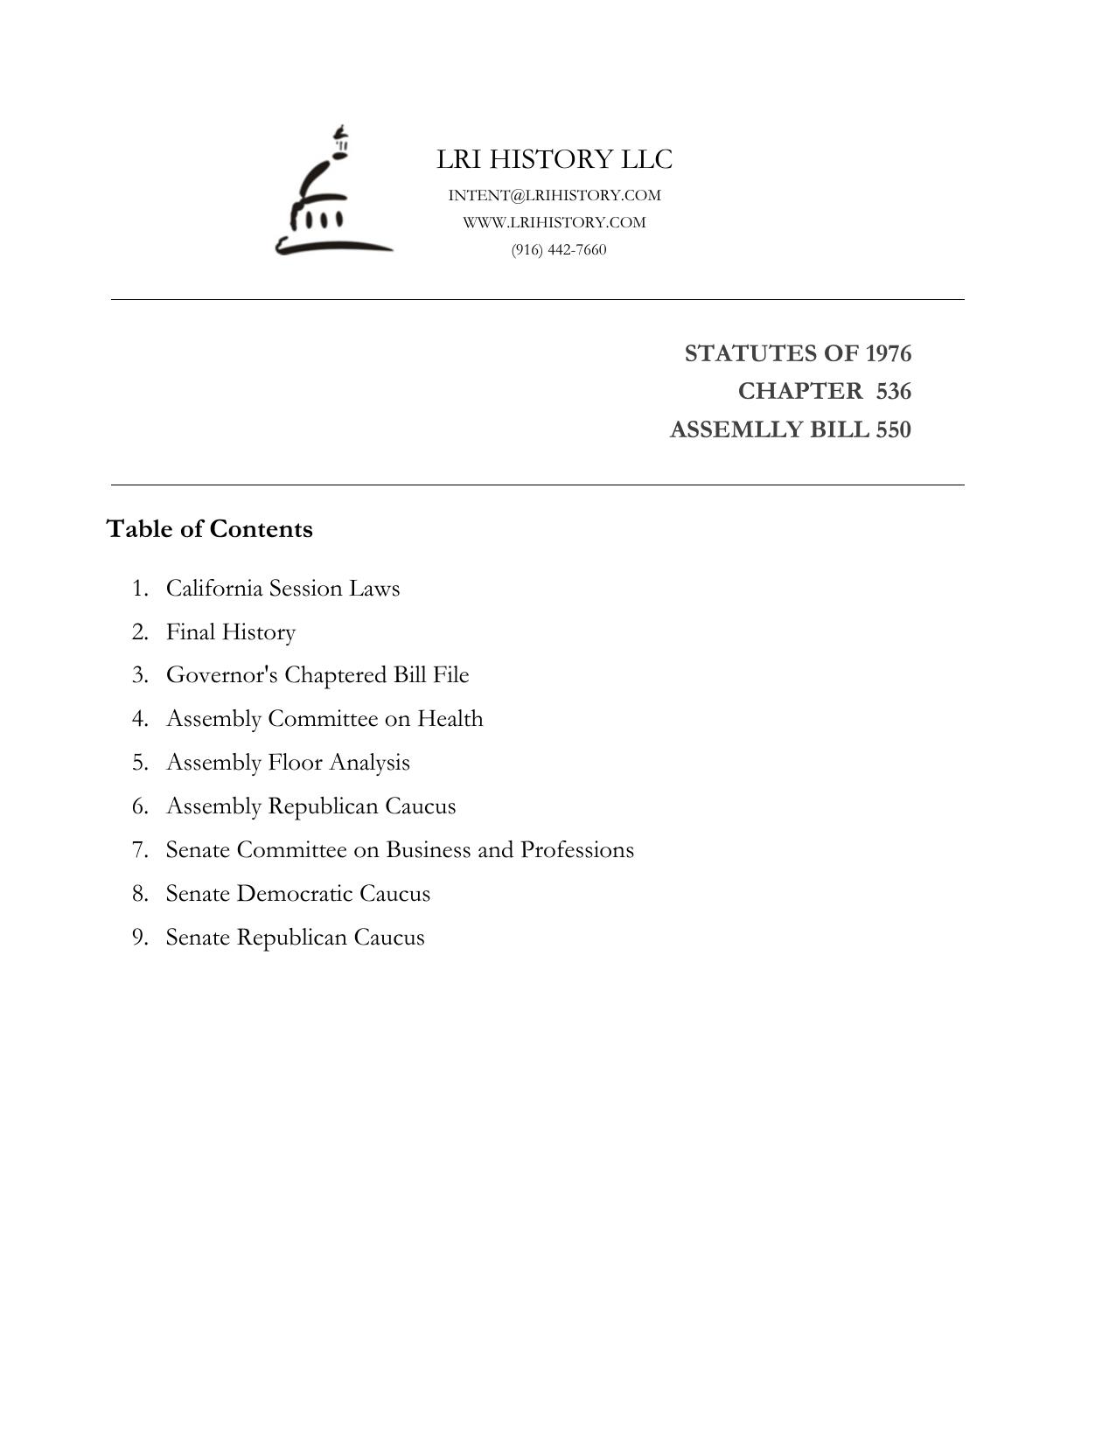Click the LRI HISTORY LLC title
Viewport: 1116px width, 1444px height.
coord(555,159)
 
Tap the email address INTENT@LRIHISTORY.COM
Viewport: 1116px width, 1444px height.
coord(555,195)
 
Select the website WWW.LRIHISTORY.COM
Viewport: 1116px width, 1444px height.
coord(555,222)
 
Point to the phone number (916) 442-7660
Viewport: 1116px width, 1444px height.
coord(559,250)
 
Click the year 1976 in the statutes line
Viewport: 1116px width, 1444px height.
coord(888,353)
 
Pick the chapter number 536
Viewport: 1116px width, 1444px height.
coord(893,391)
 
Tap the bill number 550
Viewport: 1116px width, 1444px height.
coord(892,429)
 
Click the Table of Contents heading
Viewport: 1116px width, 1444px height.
coord(209,529)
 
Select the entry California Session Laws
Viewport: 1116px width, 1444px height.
coord(282,588)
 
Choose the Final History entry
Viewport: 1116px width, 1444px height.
coord(231,631)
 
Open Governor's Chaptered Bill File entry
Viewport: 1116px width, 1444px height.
coord(317,675)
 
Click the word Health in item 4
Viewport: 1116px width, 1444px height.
coord(450,718)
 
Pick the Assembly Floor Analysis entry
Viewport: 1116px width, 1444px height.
coord(288,762)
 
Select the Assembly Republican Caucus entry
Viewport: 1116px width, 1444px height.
coord(310,806)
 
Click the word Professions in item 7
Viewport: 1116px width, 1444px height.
coord(577,849)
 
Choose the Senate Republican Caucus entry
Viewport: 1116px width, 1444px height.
coord(295,937)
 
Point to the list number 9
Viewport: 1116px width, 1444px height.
coord(139,937)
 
